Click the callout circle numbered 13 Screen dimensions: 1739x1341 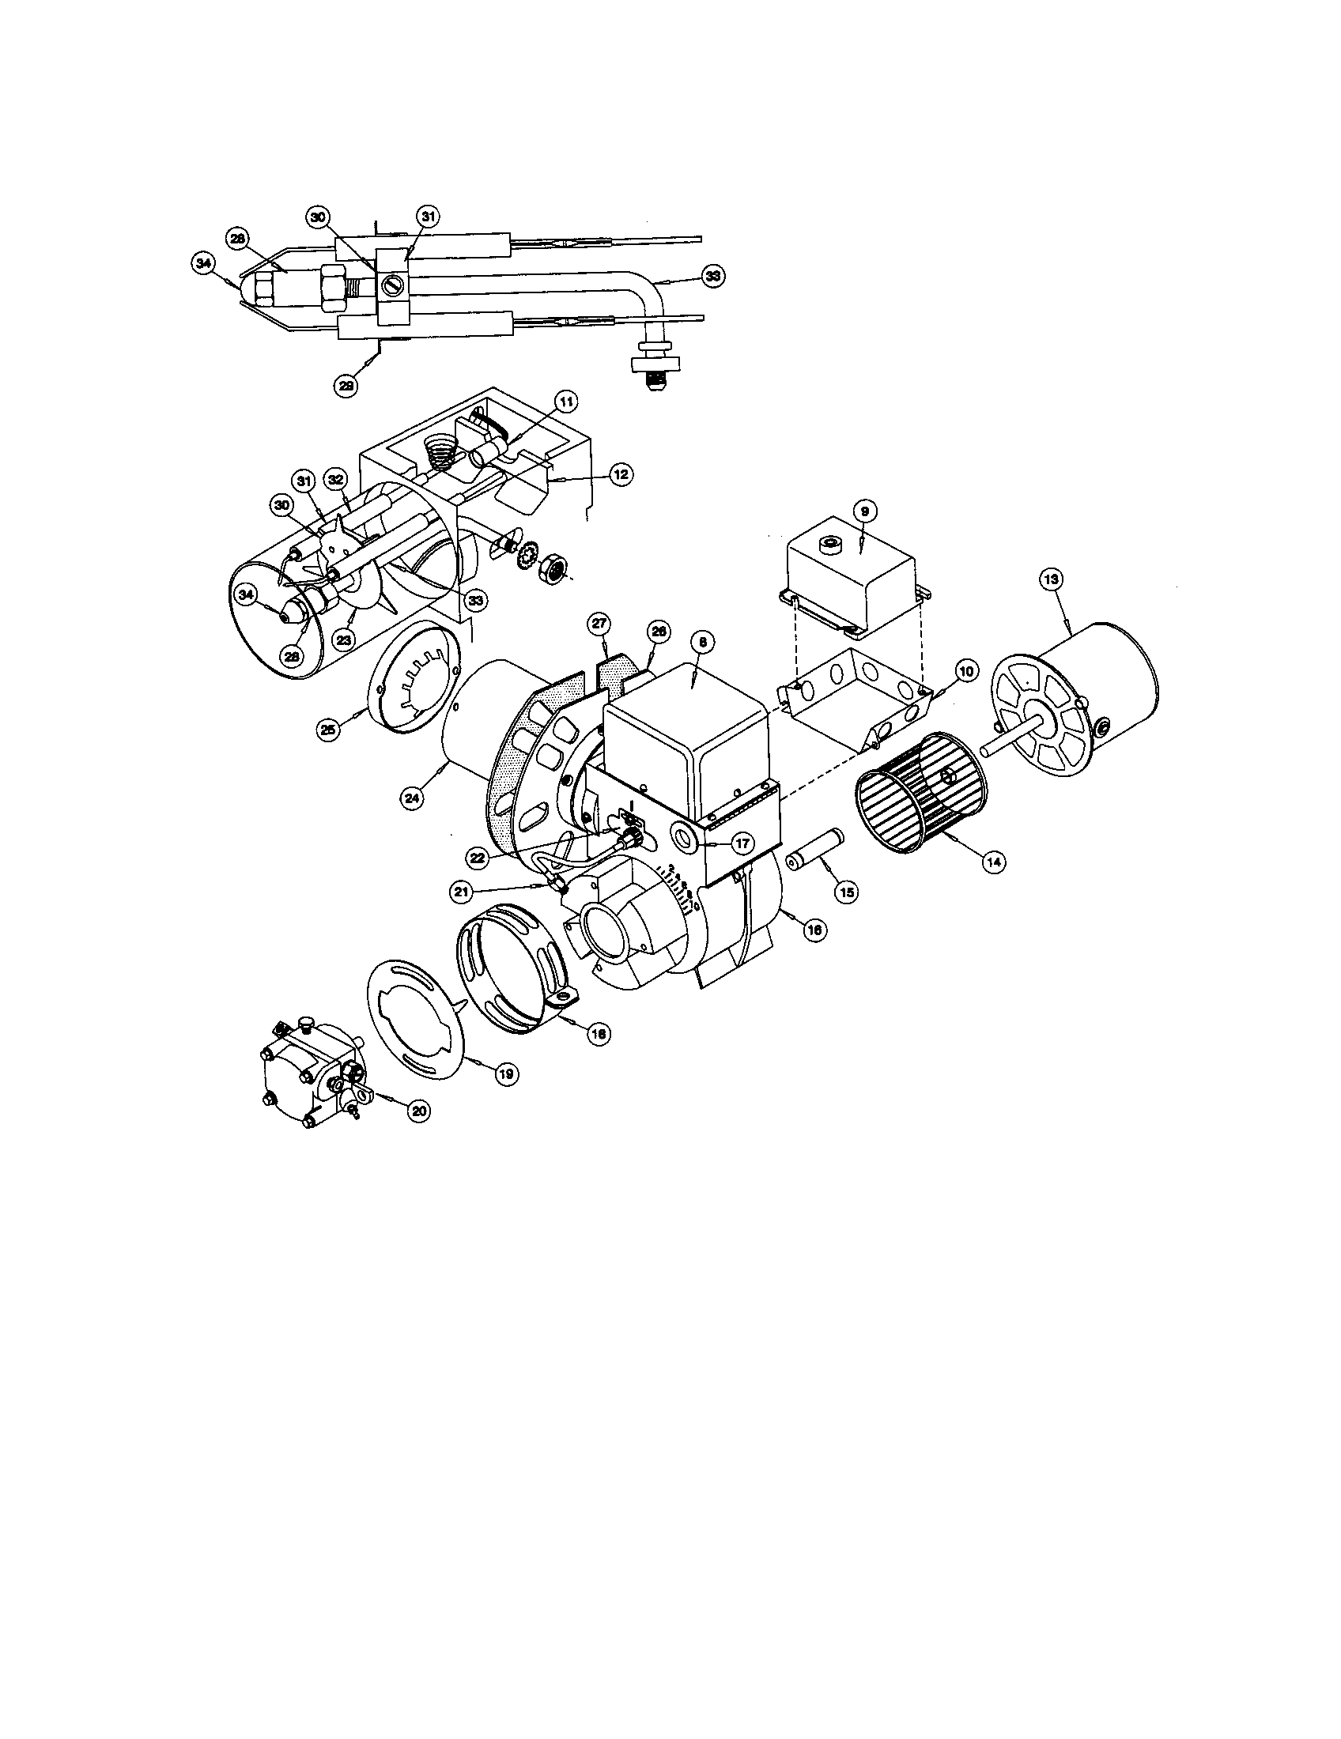pos(1051,580)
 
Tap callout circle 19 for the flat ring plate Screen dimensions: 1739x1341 pos(505,1073)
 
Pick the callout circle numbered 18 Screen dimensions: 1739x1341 pos(598,1033)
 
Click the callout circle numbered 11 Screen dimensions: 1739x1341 pos(566,402)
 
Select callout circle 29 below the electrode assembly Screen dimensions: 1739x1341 pos(346,385)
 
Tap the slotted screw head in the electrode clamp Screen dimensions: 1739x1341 pos(388,282)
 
